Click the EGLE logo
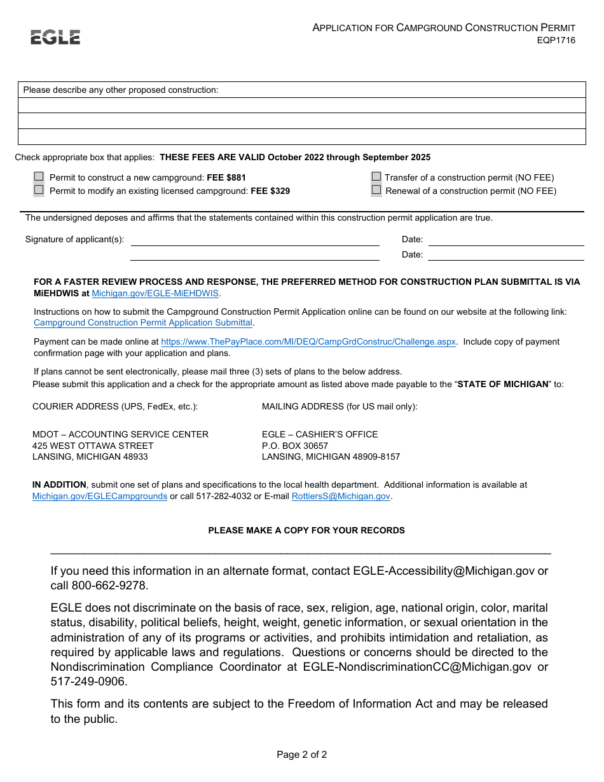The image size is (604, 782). [55, 38]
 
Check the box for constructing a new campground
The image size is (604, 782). [39, 177]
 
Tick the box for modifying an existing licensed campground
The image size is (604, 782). [39, 189]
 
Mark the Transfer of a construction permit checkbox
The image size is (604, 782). [376, 177]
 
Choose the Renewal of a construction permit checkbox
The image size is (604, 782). [376, 189]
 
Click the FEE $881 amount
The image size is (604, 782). [226, 178]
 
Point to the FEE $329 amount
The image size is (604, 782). [270, 191]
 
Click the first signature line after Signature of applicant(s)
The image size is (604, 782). [254, 240]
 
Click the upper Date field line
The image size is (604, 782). [505, 240]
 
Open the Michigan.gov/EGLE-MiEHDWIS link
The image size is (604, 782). [155, 293]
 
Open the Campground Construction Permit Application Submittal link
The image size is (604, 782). [143, 322]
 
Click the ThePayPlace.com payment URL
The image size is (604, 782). [308, 341]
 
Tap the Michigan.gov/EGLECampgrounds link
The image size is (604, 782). [100, 496]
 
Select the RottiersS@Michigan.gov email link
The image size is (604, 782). [341, 496]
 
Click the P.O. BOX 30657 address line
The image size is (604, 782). [295, 446]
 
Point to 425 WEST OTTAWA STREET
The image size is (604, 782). [93, 446]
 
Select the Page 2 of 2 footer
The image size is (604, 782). [301, 755]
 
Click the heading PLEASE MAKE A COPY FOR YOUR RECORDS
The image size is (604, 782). [306, 530]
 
